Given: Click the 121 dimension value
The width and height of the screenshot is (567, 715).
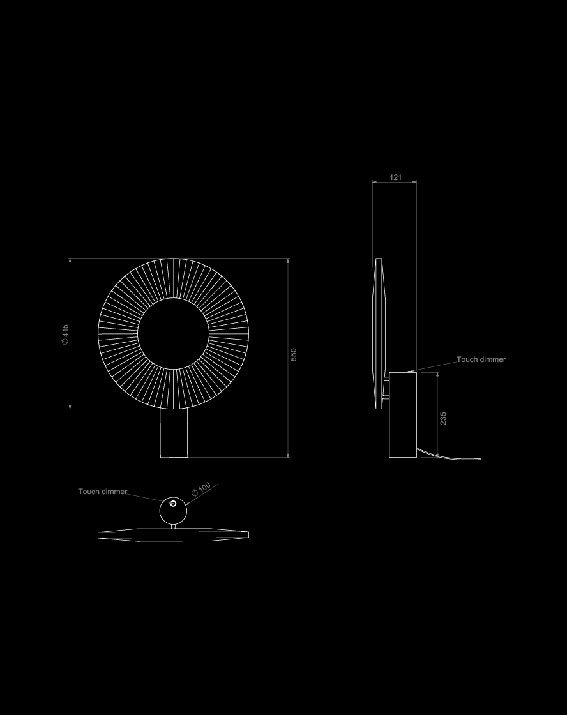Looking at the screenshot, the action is [395, 177].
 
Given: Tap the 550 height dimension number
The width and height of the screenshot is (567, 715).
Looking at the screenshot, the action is [293, 355].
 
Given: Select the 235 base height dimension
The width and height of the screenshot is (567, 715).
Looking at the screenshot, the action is [443, 419].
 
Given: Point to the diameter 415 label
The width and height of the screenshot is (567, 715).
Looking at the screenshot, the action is [65, 335].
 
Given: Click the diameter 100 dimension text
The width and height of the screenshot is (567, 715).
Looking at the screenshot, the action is [200, 489].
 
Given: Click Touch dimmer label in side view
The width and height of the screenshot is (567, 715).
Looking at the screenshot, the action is [481, 359].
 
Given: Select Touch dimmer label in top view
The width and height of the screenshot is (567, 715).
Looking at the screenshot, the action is [103, 492].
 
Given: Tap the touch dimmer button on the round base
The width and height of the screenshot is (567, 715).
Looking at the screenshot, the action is [173, 504].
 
